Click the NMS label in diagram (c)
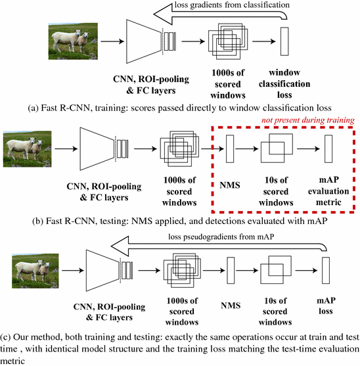point(230,306)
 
